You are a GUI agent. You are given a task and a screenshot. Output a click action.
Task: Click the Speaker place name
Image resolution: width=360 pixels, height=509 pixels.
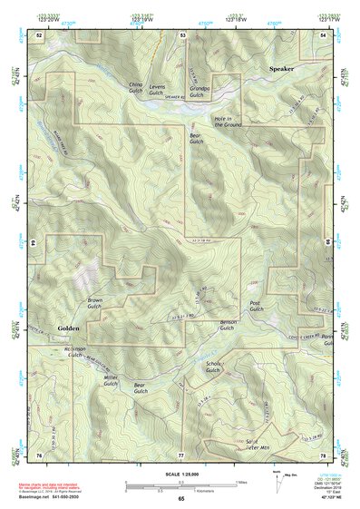[281, 68]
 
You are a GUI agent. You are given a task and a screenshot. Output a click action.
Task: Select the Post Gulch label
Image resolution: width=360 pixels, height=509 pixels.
[256, 307]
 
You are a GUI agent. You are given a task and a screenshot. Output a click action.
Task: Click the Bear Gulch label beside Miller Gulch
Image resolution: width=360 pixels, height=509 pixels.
[140, 388]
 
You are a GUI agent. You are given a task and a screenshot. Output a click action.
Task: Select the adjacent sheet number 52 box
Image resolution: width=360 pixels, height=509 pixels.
[39, 34]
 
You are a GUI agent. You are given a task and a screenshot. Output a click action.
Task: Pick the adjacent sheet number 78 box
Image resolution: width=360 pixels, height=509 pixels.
[323, 454]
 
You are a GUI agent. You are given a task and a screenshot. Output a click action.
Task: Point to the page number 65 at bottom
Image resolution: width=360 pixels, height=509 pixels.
[180, 499]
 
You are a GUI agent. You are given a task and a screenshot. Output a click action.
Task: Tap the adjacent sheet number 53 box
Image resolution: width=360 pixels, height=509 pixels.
[182, 34]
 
